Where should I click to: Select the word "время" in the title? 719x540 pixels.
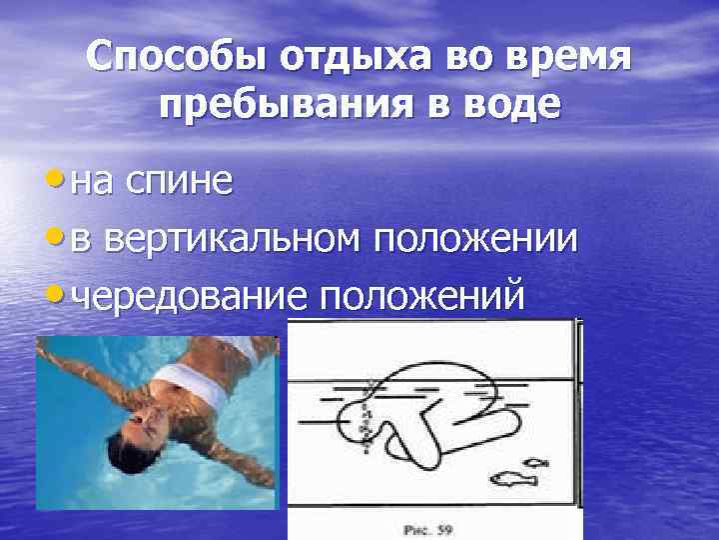coord(572,57)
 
